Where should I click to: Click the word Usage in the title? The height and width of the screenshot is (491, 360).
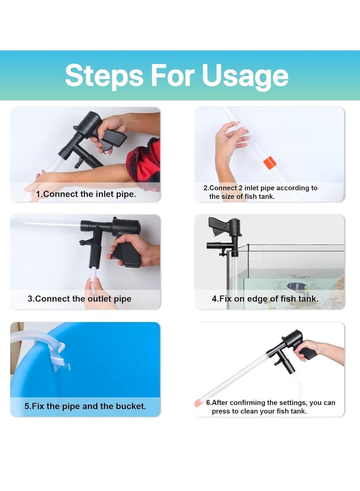click(245, 76)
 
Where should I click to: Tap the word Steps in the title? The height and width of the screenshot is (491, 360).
click(104, 76)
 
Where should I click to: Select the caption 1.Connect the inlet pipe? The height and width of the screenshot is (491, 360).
click(86, 194)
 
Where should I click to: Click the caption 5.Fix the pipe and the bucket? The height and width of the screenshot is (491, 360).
click(85, 406)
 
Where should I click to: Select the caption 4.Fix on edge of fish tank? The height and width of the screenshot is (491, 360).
click(265, 299)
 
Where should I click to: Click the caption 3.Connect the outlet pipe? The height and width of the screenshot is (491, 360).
click(80, 299)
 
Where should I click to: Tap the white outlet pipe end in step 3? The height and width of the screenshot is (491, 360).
click(93, 275)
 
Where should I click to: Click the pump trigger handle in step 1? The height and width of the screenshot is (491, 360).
click(112, 138)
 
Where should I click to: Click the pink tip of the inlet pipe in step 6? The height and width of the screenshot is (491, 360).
click(198, 403)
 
